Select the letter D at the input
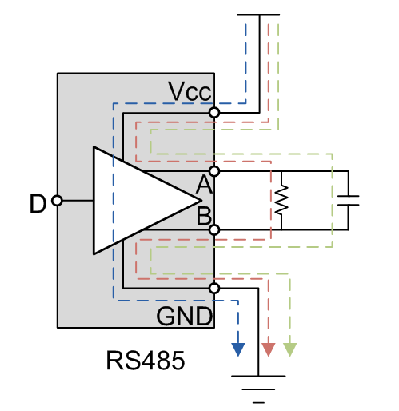38,205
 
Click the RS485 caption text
146,361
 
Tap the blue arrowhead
237,349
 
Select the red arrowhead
269,349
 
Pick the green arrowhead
289,349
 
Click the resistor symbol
281,201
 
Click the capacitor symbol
349,201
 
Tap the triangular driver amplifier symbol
136,201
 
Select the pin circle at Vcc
214,114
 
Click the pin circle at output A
214,171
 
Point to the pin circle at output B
214,229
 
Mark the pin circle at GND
214,288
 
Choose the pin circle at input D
57,201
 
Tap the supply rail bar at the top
259,14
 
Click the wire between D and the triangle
77,201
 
